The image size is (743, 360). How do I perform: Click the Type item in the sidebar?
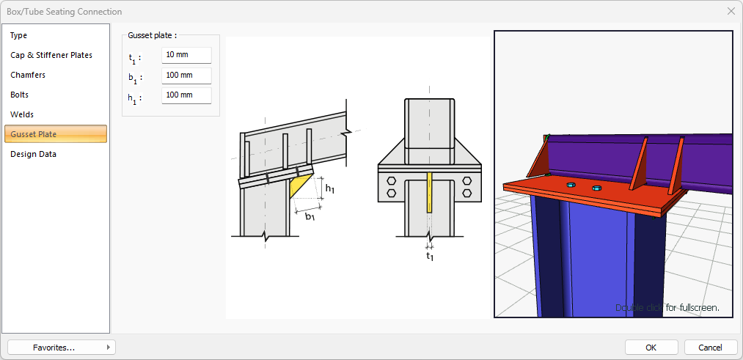click(19, 35)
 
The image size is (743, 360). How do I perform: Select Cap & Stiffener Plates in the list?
click(51, 56)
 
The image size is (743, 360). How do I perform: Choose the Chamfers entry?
click(28, 75)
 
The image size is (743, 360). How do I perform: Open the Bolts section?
click(19, 95)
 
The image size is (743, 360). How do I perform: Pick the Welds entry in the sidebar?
click(22, 114)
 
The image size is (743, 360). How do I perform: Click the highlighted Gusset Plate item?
click(56, 134)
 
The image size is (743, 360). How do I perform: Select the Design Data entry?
click(33, 154)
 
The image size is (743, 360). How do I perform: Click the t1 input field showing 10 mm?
click(186, 55)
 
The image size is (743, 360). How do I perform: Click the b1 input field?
click(186, 76)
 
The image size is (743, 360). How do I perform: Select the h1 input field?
click(186, 95)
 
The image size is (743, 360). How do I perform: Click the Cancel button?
click(710, 348)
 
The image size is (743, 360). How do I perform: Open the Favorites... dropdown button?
click(62, 348)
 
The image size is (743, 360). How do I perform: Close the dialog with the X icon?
click(731, 12)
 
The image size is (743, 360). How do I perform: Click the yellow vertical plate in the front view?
click(429, 192)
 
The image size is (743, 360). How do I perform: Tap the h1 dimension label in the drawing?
click(330, 188)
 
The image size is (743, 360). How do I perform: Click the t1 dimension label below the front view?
click(430, 257)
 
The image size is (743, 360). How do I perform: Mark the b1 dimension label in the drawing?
click(310, 217)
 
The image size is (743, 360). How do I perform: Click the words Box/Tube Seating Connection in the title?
click(64, 12)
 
